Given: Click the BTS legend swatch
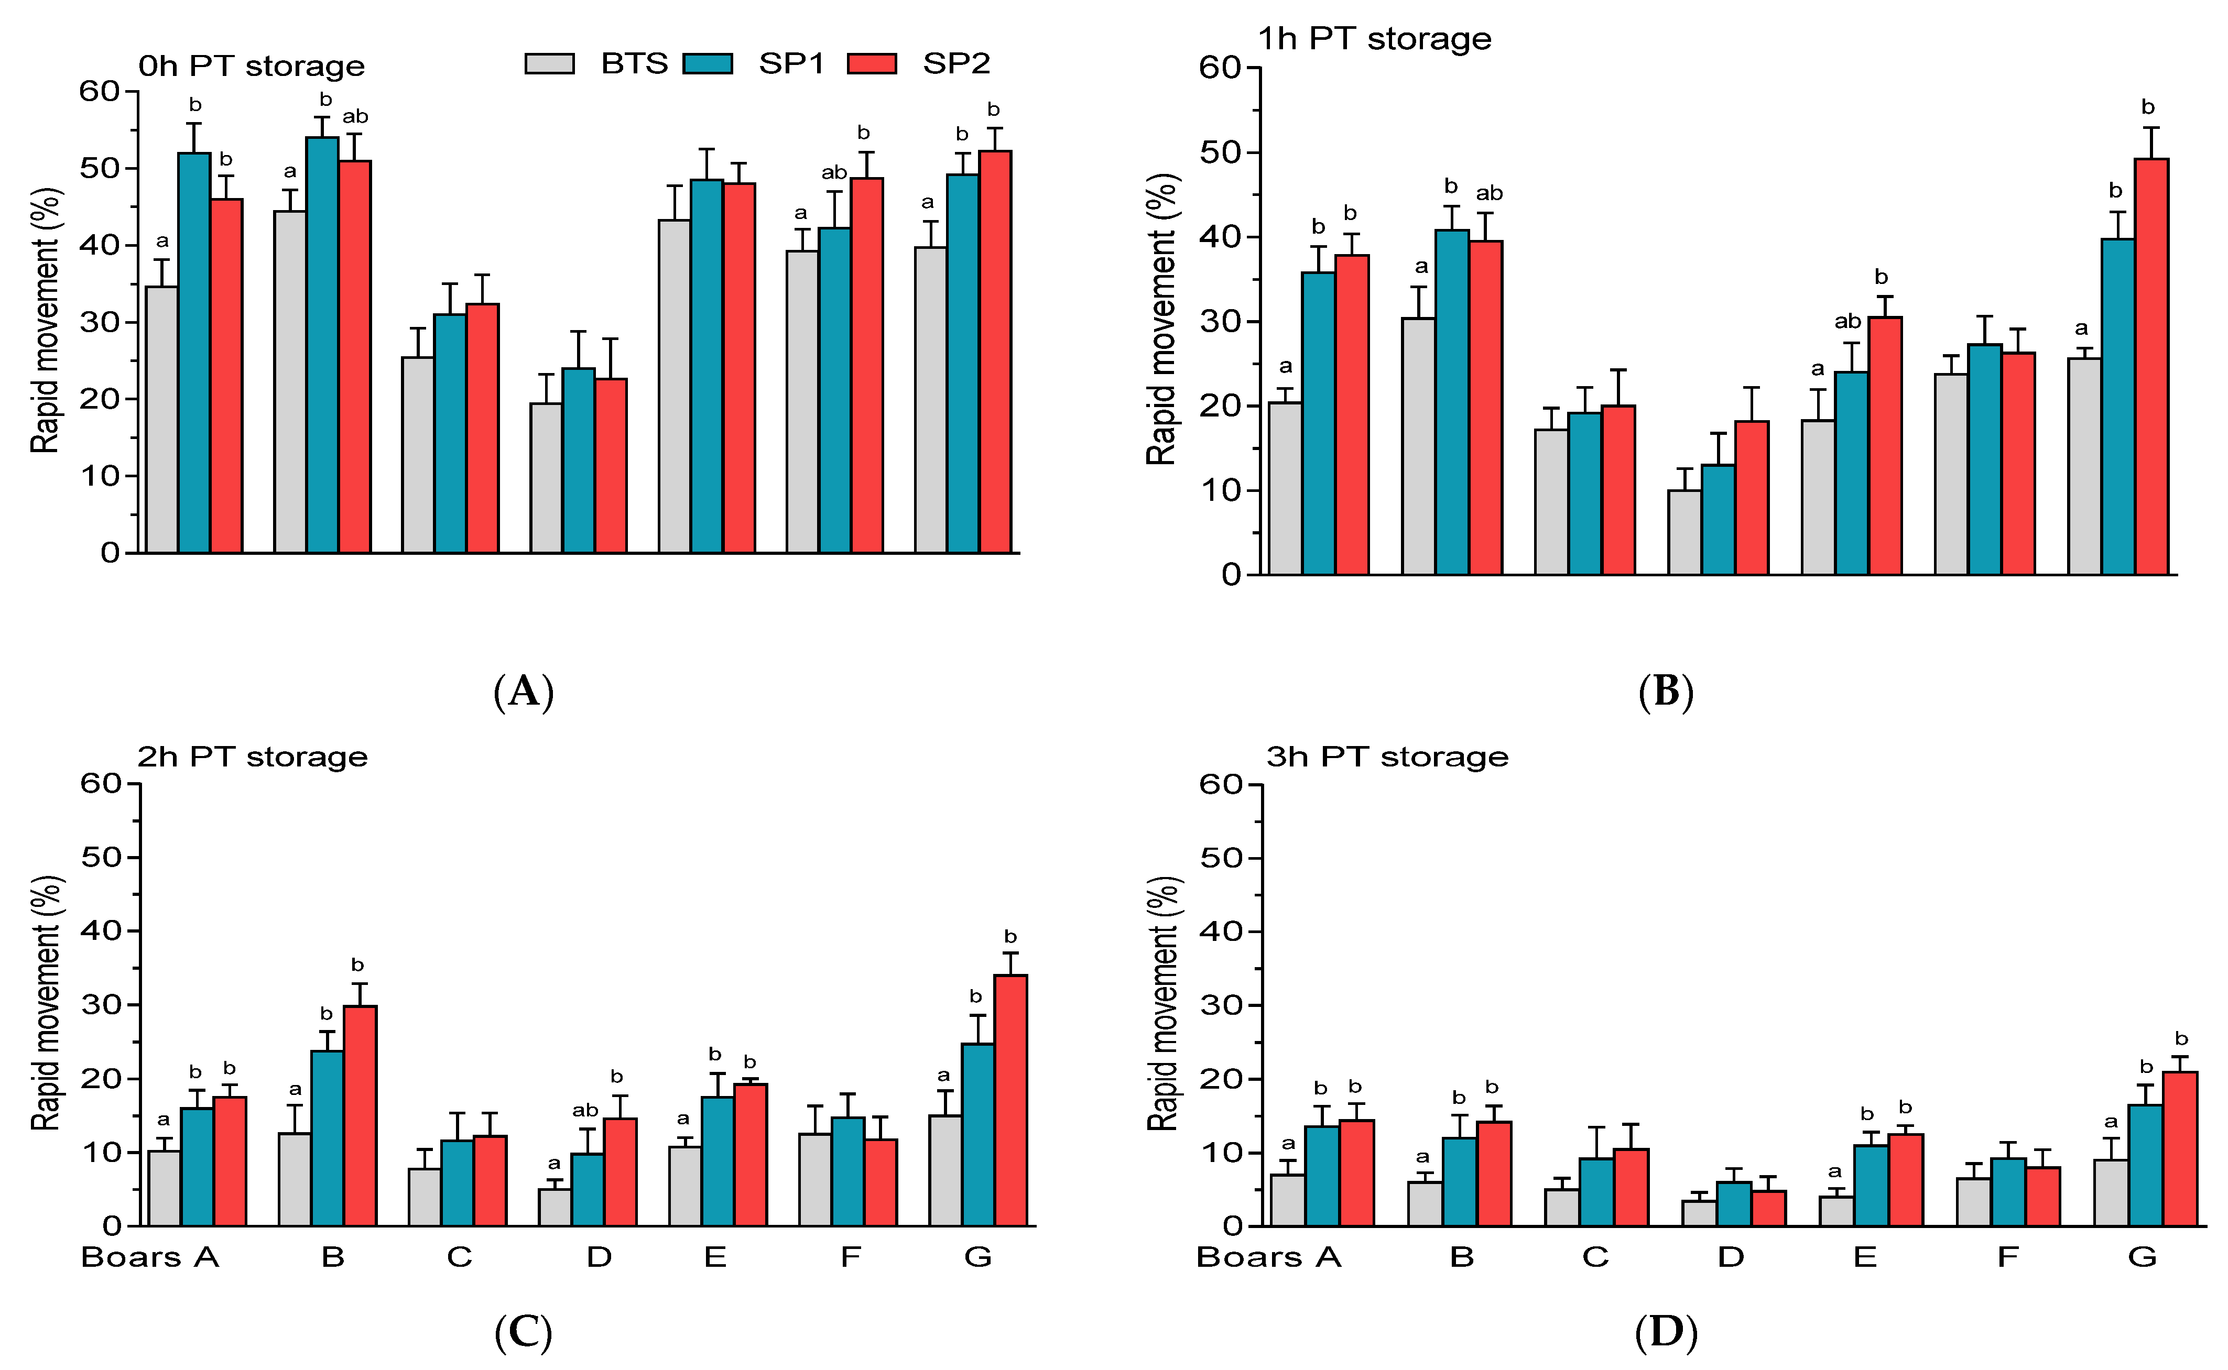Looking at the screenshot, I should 549,63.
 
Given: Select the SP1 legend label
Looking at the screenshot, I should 791,63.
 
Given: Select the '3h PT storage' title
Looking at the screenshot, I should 1387,757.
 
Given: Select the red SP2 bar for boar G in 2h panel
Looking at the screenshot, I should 1010,1100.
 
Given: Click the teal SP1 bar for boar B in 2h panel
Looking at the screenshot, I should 327,1138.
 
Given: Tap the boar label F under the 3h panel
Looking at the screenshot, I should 2008,1257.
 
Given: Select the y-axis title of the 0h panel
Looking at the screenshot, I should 45,321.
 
